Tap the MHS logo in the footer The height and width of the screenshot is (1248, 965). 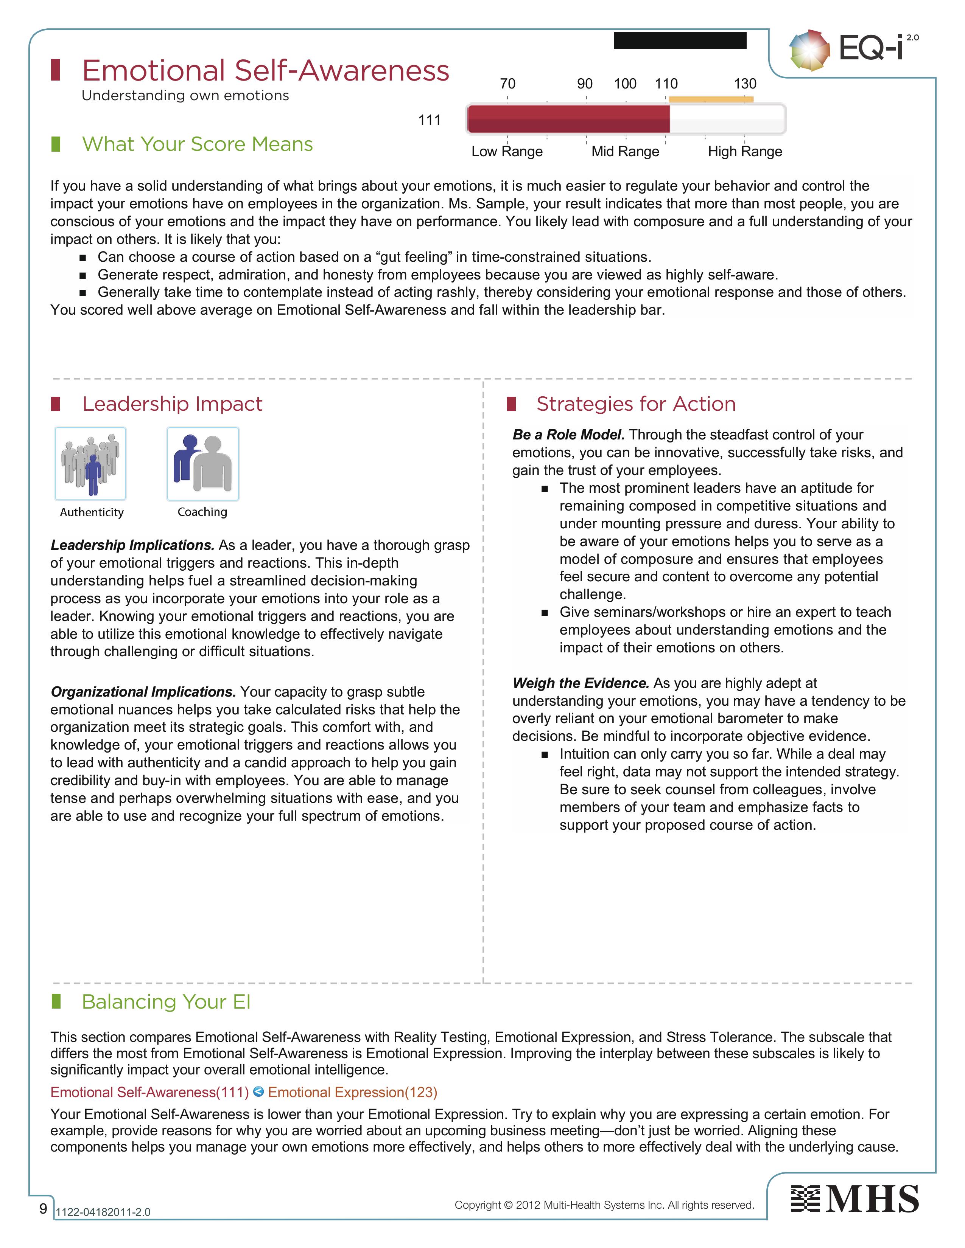[854, 1199]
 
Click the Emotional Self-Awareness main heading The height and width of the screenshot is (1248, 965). [265, 70]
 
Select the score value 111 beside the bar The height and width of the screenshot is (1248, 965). [430, 120]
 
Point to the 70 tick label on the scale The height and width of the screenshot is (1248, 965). [507, 84]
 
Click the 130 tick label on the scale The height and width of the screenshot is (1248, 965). [745, 84]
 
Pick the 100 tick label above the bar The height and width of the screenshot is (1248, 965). [625, 84]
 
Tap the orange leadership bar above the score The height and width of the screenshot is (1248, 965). [711, 99]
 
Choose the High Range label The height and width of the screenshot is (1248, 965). [745, 151]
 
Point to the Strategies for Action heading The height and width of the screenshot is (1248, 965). [636, 404]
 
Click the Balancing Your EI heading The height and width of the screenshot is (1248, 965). [167, 1002]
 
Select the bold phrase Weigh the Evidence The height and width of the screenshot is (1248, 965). [580, 683]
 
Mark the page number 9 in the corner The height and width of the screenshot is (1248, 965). [43, 1208]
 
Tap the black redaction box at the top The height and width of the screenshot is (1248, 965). [680, 40]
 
